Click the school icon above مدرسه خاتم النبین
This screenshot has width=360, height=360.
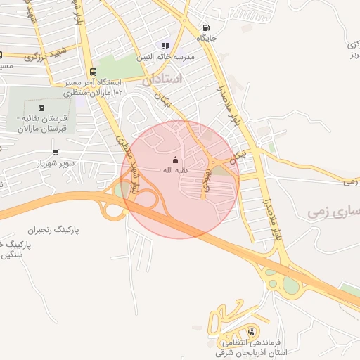[165, 46]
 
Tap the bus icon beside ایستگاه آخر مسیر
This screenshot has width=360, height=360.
[94, 72]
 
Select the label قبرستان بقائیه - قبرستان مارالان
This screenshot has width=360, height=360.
[42, 124]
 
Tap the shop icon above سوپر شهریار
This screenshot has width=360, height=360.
[56, 153]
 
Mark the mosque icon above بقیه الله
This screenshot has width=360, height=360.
[175, 160]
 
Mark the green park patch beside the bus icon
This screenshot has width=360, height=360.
[112, 68]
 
